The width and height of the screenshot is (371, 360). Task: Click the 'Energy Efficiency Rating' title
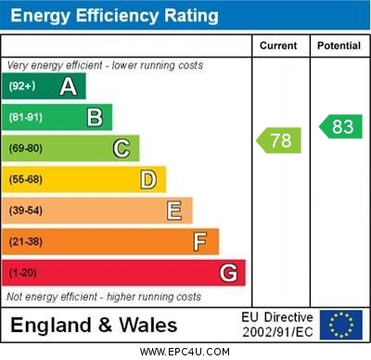pyautogui.click(x=114, y=16)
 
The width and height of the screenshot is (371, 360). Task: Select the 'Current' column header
pyautogui.click(x=278, y=45)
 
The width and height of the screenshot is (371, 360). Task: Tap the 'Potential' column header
pyautogui.click(x=339, y=45)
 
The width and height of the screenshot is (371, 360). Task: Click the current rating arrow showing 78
pyautogui.click(x=278, y=140)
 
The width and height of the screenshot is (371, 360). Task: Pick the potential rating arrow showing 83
pyautogui.click(x=340, y=126)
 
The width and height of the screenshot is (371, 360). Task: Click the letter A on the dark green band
pyautogui.click(x=68, y=86)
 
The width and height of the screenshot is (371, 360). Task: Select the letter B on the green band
pyautogui.click(x=95, y=117)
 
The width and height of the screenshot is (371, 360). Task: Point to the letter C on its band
pyautogui.click(x=122, y=148)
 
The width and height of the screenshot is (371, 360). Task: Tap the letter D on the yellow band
pyautogui.click(x=148, y=179)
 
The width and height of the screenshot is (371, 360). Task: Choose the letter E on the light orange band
pyautogui.click(x=174, y=211)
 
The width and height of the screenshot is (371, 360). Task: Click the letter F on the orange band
pyautogui.click(x=200, y=241)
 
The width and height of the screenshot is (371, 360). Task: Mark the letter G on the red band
pyautogui.click(x=228, y=273)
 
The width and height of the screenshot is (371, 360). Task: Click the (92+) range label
pyautogui.click(x=23, y=86)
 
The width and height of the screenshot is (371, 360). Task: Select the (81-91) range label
pyautogui.click(x=27, y=118)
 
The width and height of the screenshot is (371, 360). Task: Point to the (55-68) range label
pyautogui.click(x=27, y=180)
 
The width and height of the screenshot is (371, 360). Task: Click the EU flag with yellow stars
pyautogui.click(x=341, y=325)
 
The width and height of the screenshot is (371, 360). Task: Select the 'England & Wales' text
pyautogui.click(x=94, y=325)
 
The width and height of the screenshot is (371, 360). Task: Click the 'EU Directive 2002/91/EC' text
pyautogui.click(x=277, y=325)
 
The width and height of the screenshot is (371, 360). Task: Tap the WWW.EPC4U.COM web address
pyautogui.click(x=185, y=352)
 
